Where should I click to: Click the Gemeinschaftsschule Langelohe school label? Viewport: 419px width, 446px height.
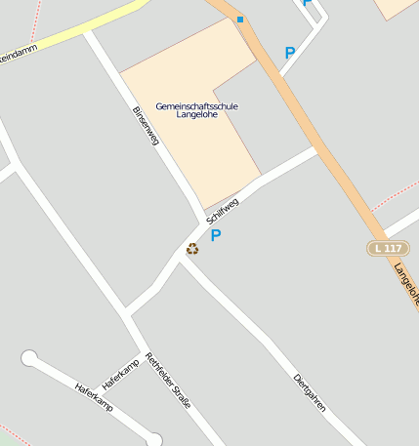[196, 109]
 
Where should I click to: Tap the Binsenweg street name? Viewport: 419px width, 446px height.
[145, 126]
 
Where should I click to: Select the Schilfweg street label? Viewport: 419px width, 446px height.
[223, 209]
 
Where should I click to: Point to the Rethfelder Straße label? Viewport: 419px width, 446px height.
[168, 380]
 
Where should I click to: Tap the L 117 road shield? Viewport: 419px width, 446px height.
[388, 248]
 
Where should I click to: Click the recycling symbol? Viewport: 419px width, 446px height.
[192, 249]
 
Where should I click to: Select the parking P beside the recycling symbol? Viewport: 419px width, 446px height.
[216, 235]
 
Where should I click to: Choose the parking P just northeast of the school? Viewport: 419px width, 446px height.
[289, 53]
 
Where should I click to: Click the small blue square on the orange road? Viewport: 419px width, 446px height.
[240, 20]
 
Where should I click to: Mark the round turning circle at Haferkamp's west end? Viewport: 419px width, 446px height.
[29, 357]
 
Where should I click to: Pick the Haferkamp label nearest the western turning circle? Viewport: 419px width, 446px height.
[94, 396]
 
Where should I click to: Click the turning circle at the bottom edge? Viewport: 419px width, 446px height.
[153, 440]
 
